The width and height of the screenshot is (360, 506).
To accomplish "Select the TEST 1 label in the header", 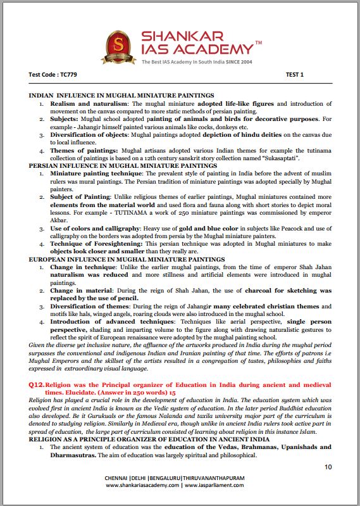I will (x=295, y=75).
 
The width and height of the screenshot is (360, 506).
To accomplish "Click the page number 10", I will (x=327, y=467).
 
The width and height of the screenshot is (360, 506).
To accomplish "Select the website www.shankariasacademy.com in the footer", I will (x=142, y=485).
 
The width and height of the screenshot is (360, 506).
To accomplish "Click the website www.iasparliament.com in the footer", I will (x=218, y=485).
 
